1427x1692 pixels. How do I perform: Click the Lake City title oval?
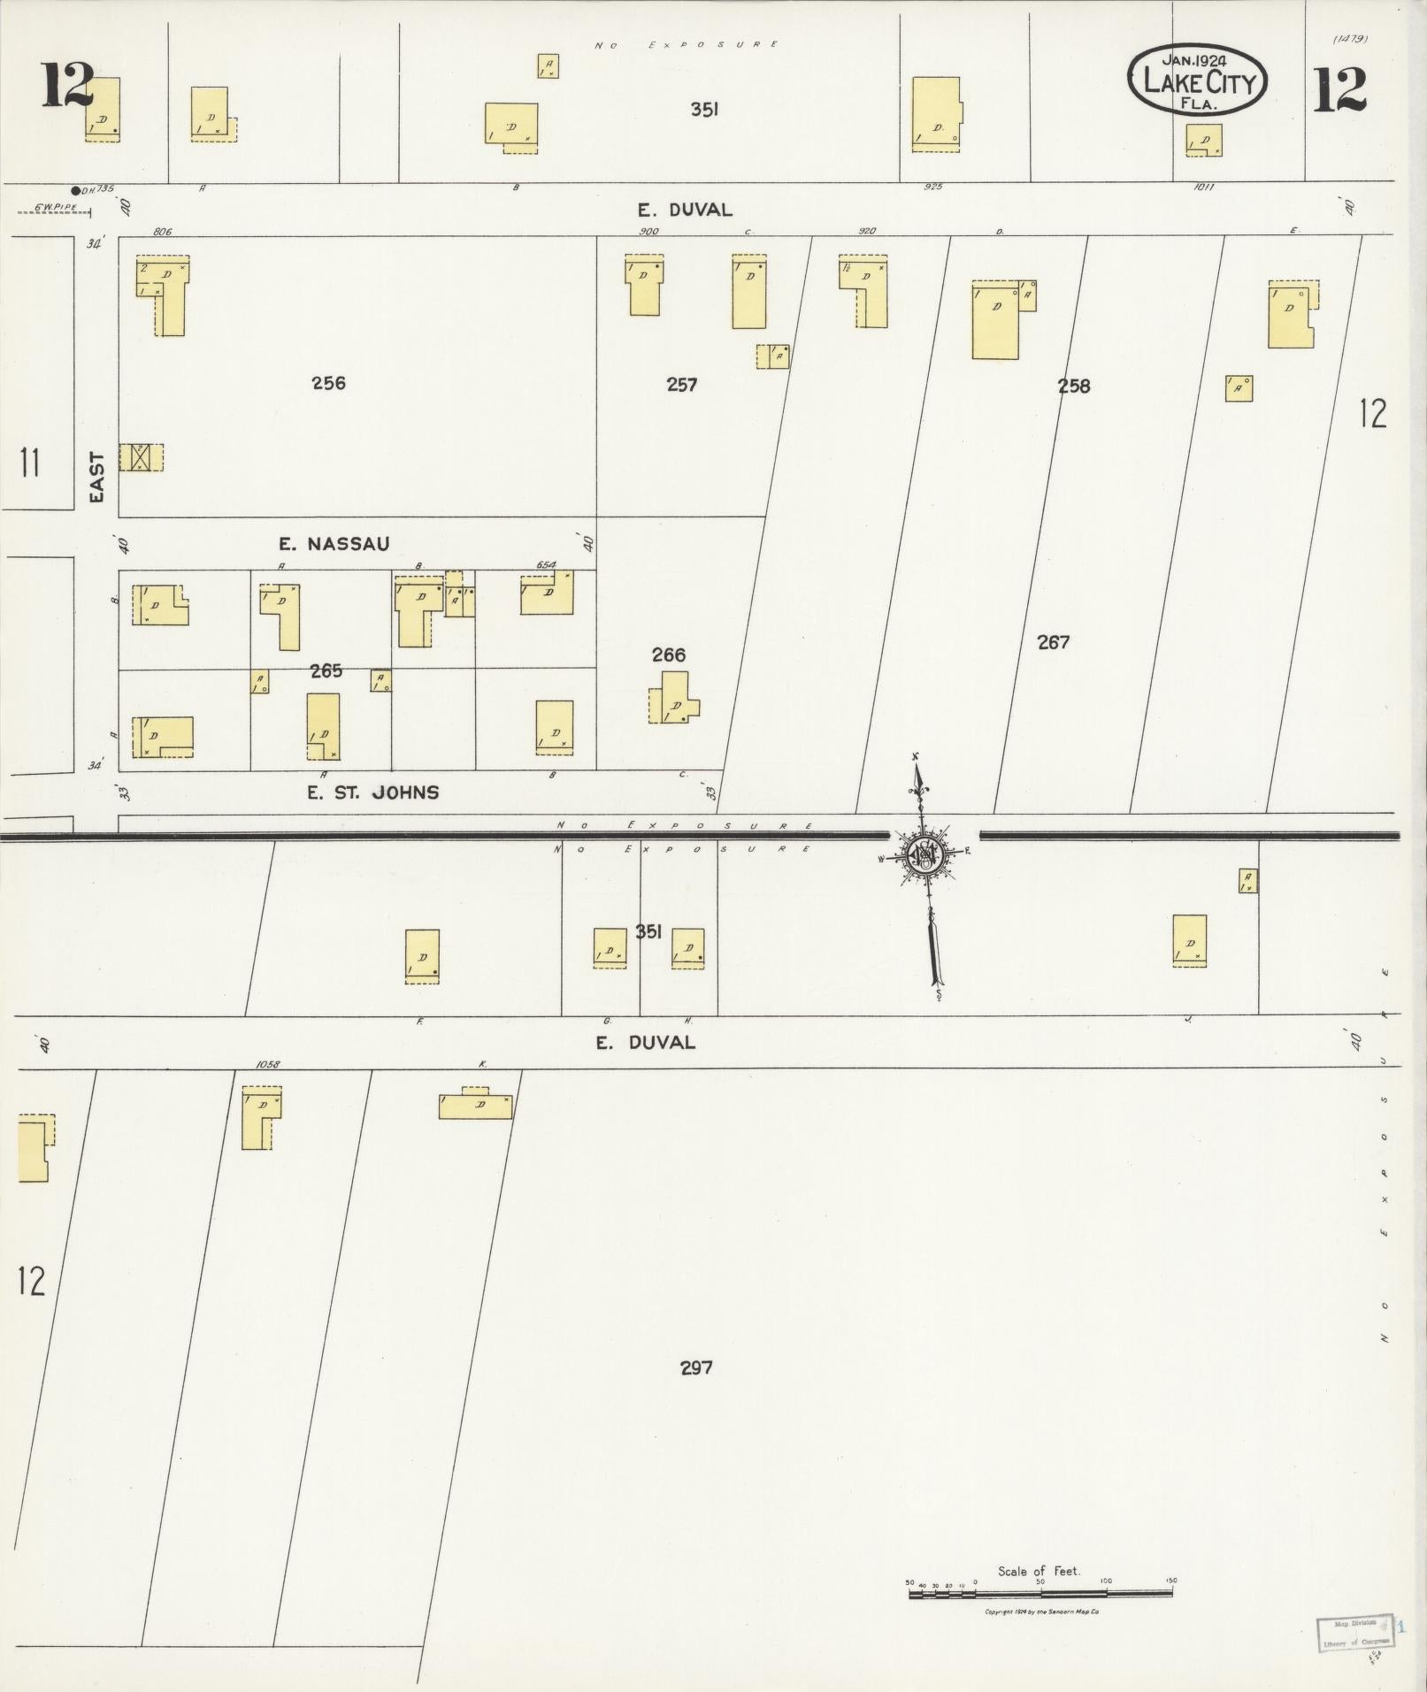click(x=1197, y=80)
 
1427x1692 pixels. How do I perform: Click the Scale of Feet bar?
click(x=1040, y=1593)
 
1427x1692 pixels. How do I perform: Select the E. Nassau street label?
click(x=335, y=544)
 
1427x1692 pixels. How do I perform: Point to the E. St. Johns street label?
click(x=372, y=792)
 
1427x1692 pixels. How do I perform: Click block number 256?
click(x=328, y=383)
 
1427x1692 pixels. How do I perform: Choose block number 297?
click(x=696, y=1367)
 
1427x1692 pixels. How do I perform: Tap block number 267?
click(x=1053, y=642)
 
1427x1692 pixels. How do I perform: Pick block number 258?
click(x=1073, y=386)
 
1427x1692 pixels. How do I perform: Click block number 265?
click(x=326, y=671)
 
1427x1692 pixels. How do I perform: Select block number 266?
click(x=668, y=655)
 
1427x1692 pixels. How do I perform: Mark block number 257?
click(x=681, y=385)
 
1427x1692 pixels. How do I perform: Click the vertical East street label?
click(x=97, y=478)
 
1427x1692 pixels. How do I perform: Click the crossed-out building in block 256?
click(x=139, y=457)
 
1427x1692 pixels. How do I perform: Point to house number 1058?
click(x=267, y=1065)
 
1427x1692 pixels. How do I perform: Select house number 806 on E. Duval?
click(x=162, y=232)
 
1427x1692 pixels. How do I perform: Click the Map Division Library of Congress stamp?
click(x=1353, y=1634)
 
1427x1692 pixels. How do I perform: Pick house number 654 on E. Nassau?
click(x=546, y=564)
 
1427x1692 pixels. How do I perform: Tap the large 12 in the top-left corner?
click(x=67, y=86)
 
